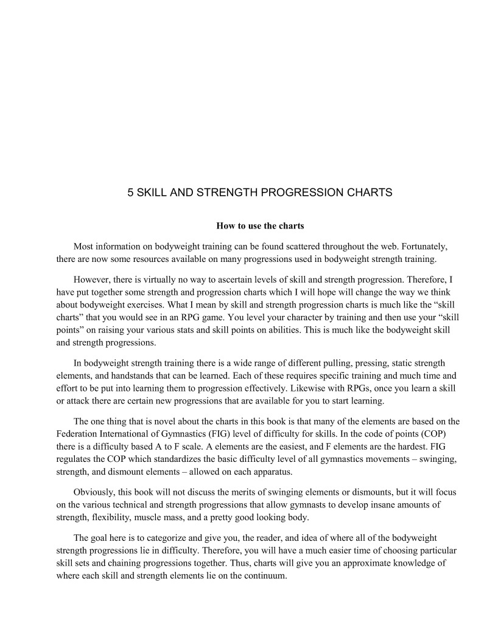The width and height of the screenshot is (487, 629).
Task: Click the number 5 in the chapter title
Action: [130, 193]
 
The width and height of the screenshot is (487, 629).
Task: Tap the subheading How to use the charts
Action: [260, 226]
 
